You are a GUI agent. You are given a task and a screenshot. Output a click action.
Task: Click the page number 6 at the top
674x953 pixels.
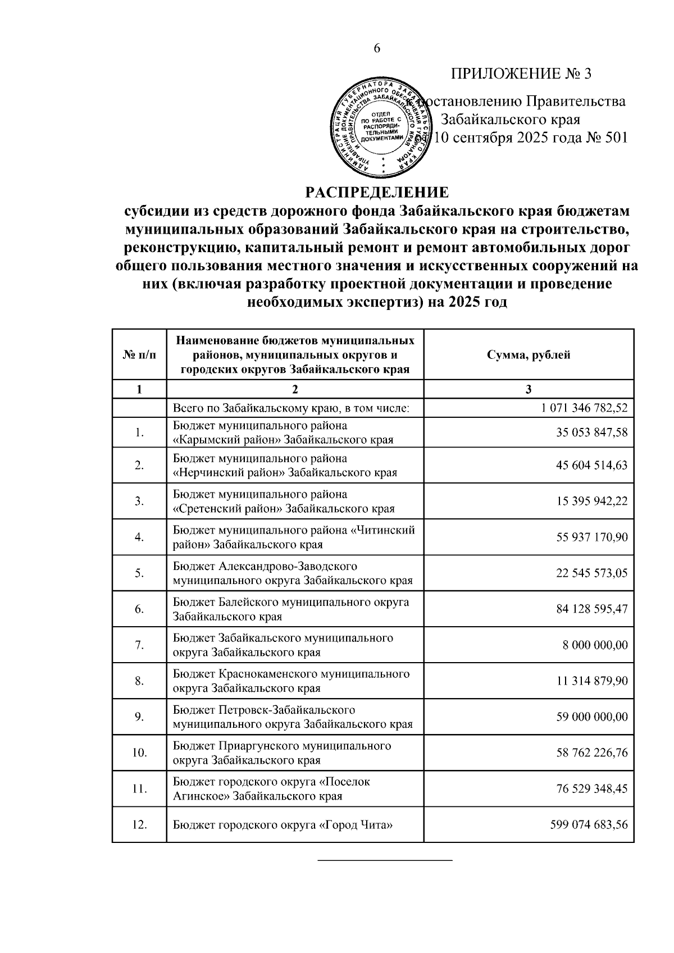(x=377, y=48)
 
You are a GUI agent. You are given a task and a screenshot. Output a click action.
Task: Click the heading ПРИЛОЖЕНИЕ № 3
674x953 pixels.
(x=521, y=74)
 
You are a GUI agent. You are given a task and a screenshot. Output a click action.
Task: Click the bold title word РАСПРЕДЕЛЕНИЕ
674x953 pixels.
(x=377, y=193)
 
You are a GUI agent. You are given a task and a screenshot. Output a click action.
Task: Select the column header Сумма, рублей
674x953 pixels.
(x=529, y=355)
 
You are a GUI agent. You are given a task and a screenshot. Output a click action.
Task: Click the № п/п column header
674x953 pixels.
(x=139, y=355)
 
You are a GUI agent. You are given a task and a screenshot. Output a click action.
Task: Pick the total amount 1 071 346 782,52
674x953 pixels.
(x=584, y=408)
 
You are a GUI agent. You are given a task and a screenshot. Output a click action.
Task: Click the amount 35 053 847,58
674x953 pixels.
(x=592, y=432)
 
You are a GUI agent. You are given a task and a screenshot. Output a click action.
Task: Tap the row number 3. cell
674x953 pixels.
(x=139, y=501)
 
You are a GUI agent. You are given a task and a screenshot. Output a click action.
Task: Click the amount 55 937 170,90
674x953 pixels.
(x=592, y=537)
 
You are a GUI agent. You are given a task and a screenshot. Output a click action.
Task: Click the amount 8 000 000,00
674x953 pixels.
(x=595, y=645)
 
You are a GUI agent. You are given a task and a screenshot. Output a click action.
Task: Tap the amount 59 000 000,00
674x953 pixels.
(x=592, y=717)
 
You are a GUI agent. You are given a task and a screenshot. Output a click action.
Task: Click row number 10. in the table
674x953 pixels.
(x=139, y=753)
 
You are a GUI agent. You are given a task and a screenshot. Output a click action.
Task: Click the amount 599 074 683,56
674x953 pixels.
(x=589, y=825)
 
